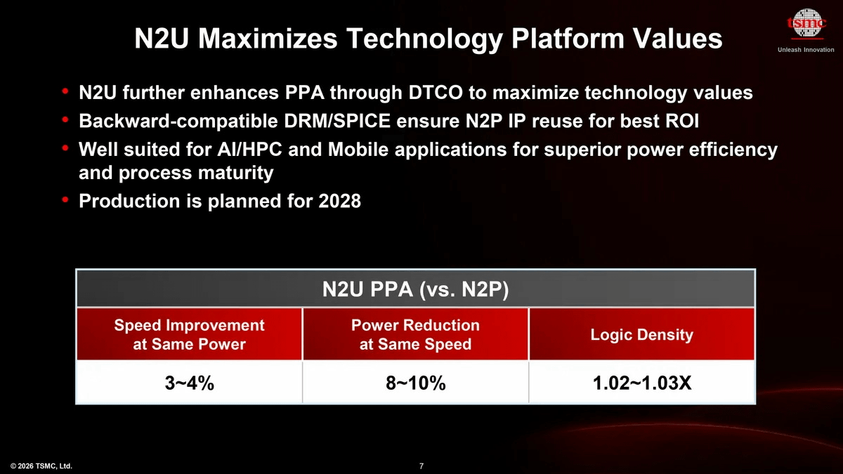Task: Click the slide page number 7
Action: (421, 466)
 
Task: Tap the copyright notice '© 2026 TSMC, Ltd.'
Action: (41, 466)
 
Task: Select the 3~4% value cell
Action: (189, 383)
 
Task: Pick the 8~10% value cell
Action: (415, 383)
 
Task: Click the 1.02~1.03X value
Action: (641, 383)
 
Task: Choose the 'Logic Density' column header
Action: (641, 335)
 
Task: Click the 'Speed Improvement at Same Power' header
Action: (189, 335)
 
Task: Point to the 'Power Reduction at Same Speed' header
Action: (415, 335)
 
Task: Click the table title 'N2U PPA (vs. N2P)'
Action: (415, 289)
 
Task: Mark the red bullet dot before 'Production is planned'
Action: (65, 201)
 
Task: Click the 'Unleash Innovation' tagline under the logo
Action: (806, 50)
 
